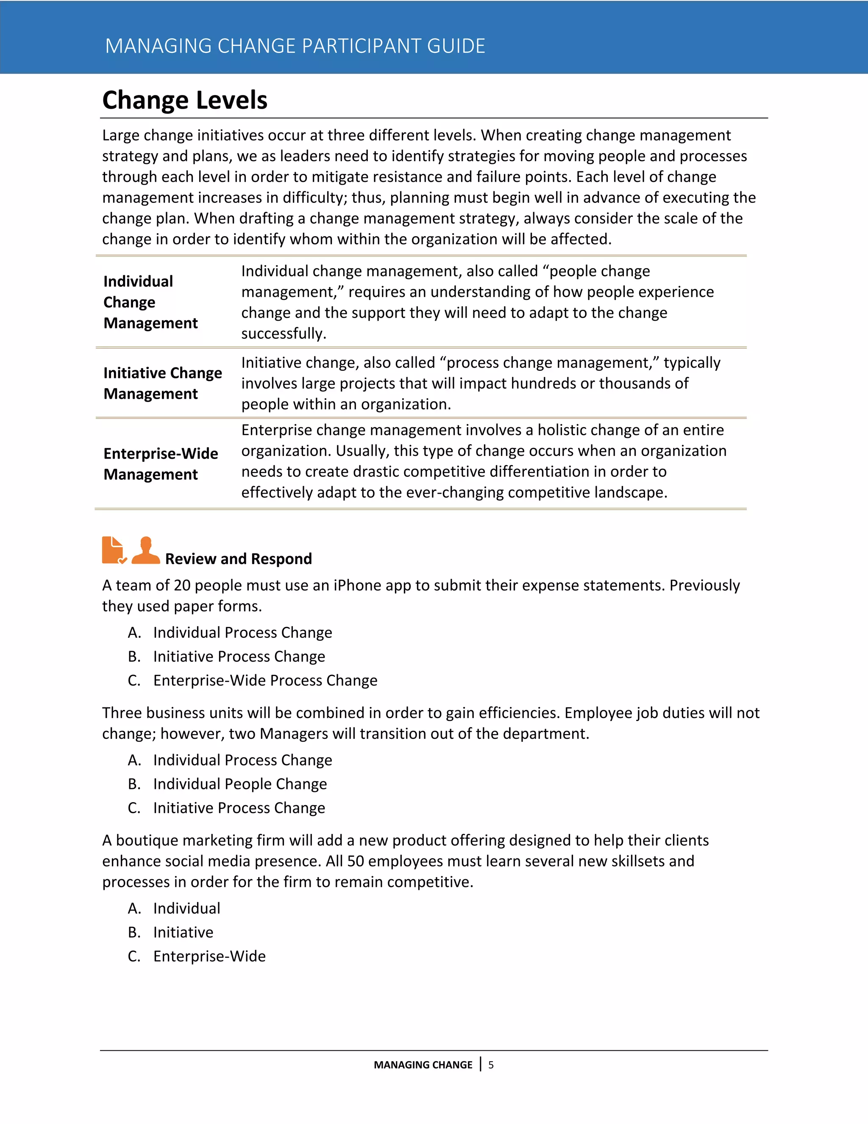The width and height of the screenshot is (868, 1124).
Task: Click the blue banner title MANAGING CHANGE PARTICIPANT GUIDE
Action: coord(295,46)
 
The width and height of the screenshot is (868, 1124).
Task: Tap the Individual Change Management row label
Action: coord(150,302)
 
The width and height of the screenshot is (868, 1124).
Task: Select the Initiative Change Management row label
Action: coord(162,383)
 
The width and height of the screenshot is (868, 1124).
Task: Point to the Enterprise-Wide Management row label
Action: coord(161,464)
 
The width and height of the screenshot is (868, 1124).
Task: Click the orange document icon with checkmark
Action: coord(114,550)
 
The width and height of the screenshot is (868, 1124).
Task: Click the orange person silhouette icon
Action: coord(146,550)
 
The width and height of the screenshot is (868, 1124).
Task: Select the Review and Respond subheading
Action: coord(238,559)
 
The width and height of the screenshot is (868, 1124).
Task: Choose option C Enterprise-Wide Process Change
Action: coord(265,681)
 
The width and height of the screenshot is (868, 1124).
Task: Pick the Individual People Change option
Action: coord(239,784)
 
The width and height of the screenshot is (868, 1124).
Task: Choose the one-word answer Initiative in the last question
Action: coord(183,933)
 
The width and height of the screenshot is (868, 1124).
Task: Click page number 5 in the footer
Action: coord(491,1065)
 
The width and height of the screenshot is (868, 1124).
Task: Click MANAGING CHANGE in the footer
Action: coord(423,1065)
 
